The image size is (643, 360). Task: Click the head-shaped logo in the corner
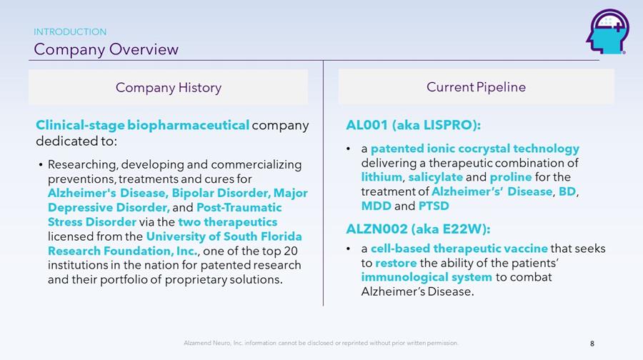pos(608,32)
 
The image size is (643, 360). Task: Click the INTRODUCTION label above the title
pos(70,32)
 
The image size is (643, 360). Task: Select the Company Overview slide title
pos(106,49)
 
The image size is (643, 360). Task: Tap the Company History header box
pos(168,87)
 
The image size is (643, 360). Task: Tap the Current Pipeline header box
pos(476,86)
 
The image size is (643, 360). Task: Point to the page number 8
pos(592,344)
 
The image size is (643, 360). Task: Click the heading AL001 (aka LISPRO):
pos(413,125)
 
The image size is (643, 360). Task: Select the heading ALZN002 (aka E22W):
pos(418,229)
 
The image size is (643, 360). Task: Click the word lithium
pos(382,177)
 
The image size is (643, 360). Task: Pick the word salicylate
pos(436,177)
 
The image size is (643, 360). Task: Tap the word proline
pos(511,177)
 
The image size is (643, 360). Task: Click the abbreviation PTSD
pos(434,206)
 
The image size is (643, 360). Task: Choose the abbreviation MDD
pos(376,206)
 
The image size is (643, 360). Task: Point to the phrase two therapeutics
pos(228,222)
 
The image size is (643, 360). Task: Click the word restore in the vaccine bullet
pos(396,263)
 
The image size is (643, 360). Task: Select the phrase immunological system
pos(427,277)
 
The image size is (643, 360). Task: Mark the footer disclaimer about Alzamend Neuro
pos(321,343)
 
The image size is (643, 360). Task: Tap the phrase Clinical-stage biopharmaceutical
pos(142,126)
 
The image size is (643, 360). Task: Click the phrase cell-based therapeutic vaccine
pos(459,249)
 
